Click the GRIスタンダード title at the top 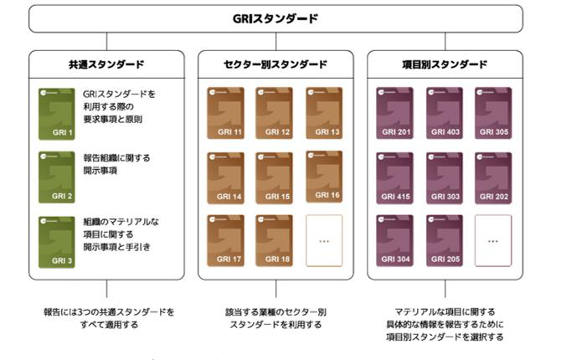tap(275, 18)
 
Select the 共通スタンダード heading tap(106, 64)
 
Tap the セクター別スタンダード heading tap(275, 64)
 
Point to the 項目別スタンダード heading tap(445, 64)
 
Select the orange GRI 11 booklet tap(224, 113)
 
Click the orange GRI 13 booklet tap(325, 113)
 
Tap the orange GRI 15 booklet tap(275, 177)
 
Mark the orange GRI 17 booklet tap(224, 241)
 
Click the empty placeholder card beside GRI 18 tap(325, 241)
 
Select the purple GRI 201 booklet tap(394, 113)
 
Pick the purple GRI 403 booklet tap(445, 113)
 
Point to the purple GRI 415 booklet tap(394, 177)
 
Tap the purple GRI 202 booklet tap(494, 177)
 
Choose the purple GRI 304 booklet tap(394, 241)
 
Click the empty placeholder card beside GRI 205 tap(494, 241)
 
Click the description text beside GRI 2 tap(117, 163)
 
